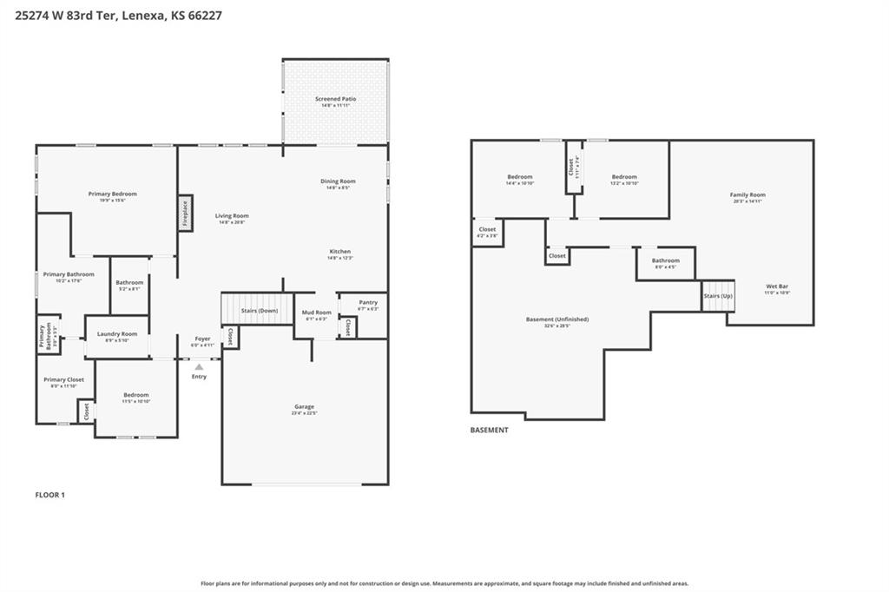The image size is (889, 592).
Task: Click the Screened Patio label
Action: coord(335,99)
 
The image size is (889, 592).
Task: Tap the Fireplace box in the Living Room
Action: coord(185,213)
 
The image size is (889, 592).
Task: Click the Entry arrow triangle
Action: coord(199,367)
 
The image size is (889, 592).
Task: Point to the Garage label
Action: coord(304,406)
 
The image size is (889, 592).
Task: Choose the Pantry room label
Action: coord(368,302)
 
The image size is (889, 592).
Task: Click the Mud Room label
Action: coord(316,312)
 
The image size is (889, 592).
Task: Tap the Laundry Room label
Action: coord(116,333)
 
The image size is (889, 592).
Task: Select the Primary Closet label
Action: coord(63,379)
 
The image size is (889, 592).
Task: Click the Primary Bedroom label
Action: coord(112,194)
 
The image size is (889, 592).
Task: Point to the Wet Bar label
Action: coord(777,286)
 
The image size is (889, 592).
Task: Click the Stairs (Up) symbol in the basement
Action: coord(718,296)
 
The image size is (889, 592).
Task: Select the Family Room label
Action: coord(747,194)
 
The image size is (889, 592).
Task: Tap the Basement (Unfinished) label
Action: coord(556,319)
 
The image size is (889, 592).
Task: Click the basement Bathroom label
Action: coord(666,260)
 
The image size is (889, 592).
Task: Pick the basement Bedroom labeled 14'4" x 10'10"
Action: coord(519,176)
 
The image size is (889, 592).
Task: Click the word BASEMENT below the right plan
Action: coord(489,430)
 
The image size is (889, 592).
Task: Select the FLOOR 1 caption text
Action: coord(49,495)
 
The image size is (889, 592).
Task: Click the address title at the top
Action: coord(118,15)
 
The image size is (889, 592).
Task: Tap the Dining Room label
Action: coord(338,181)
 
